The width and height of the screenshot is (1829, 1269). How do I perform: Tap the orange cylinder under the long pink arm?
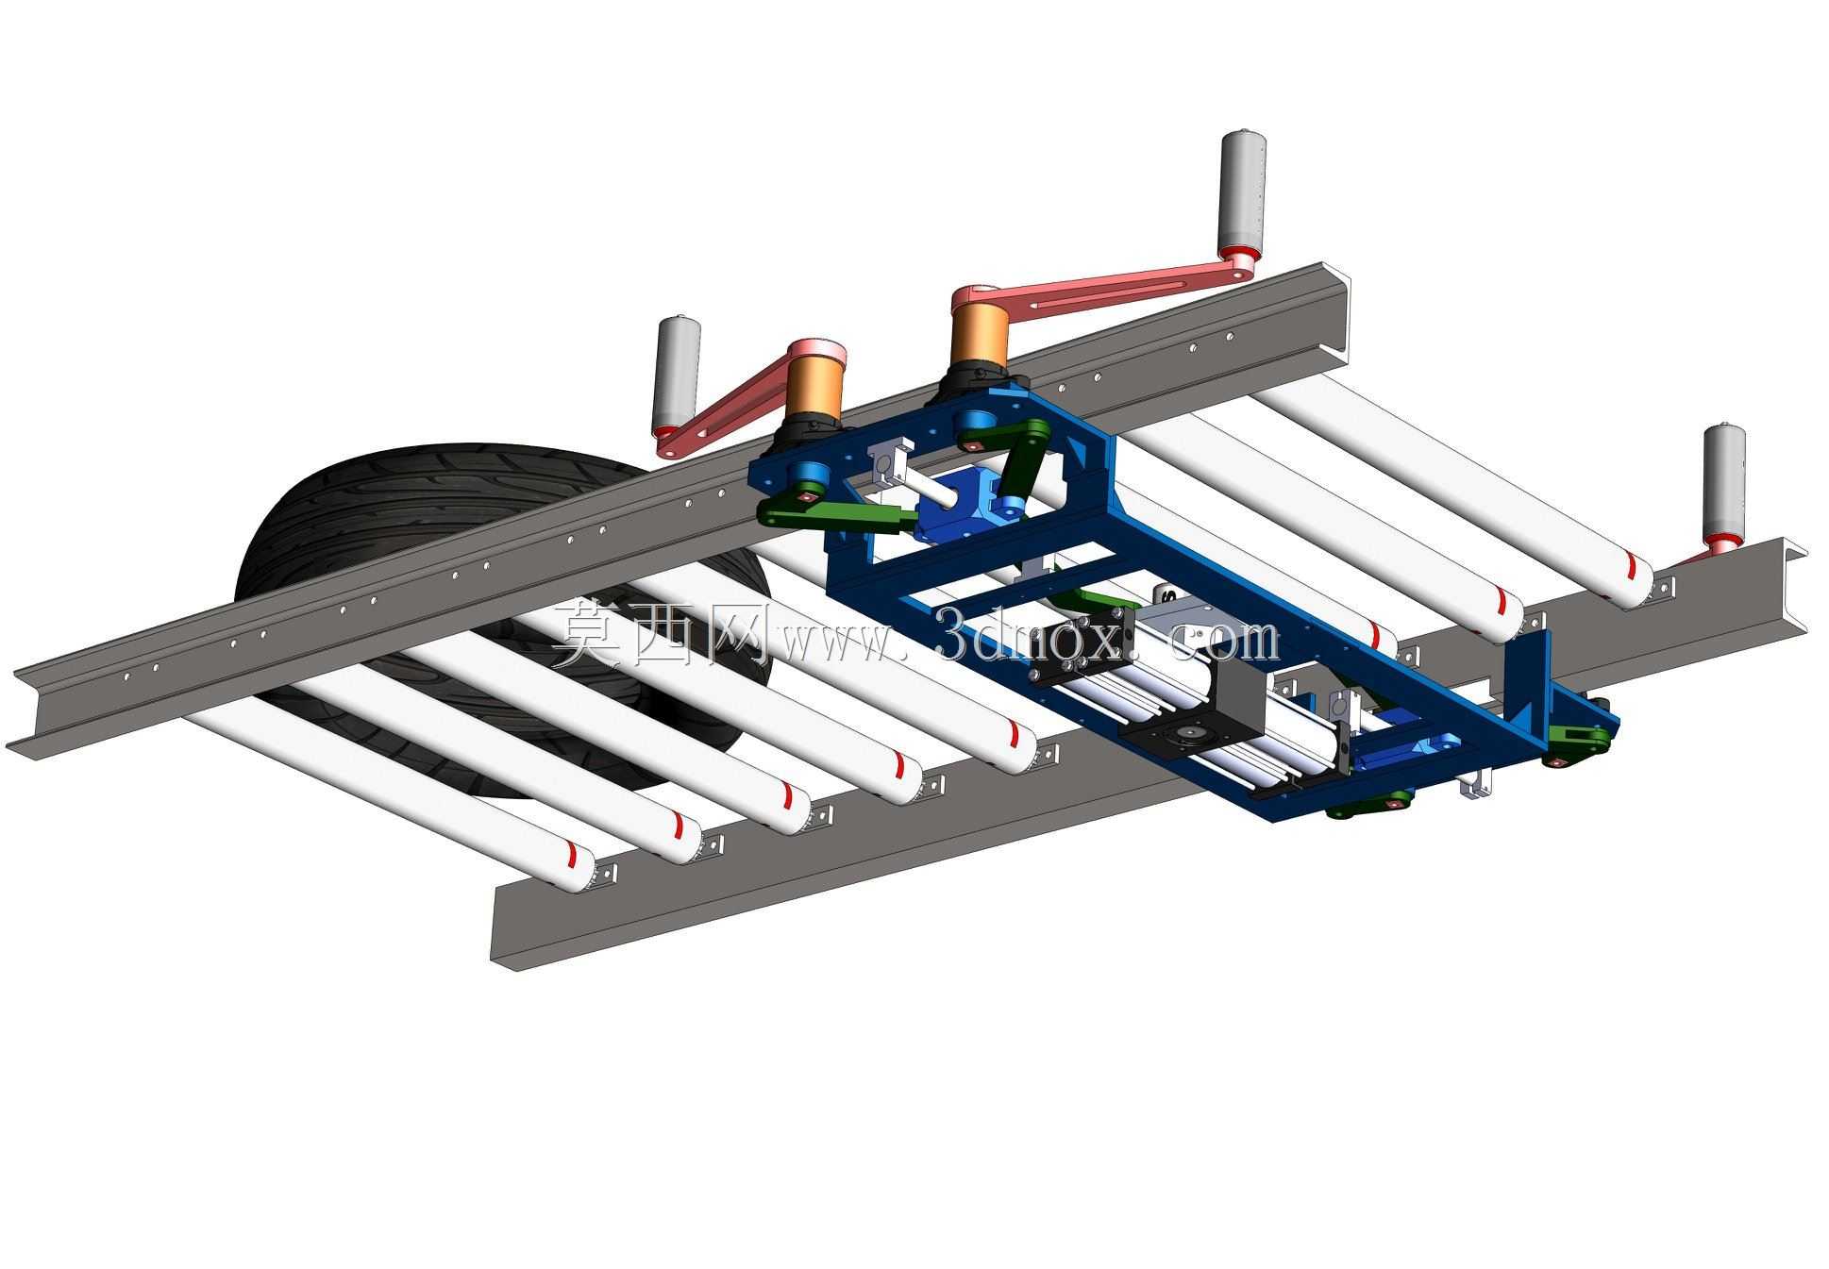click(x=978, y=337)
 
